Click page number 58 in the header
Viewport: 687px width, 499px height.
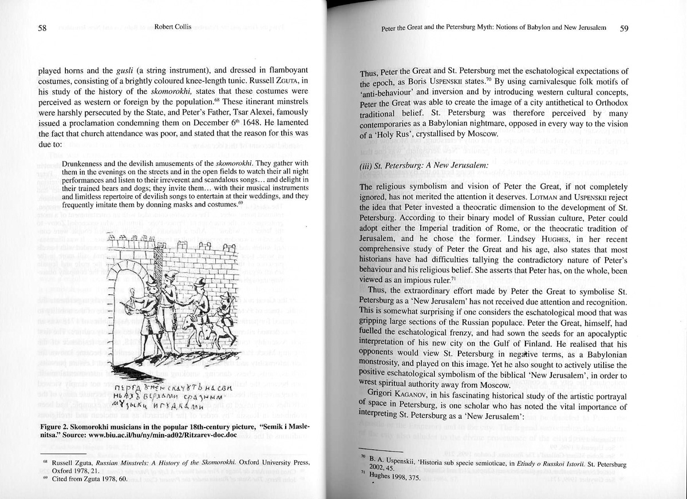[x=42, y=29]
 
